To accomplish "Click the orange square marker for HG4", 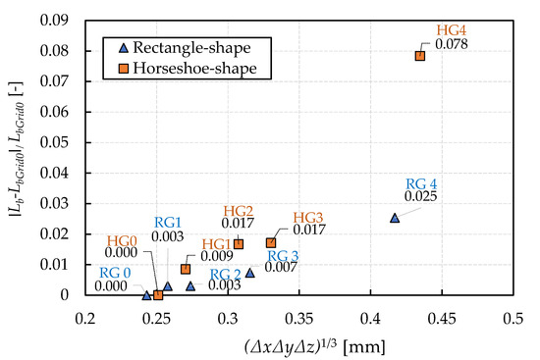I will (x=420, y=56).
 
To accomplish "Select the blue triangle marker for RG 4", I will (x=395, y=218).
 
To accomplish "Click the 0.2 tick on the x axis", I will (x=86, y=317).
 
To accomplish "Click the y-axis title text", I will (x=17, y=158).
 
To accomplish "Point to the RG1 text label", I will (x=169, y=224).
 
